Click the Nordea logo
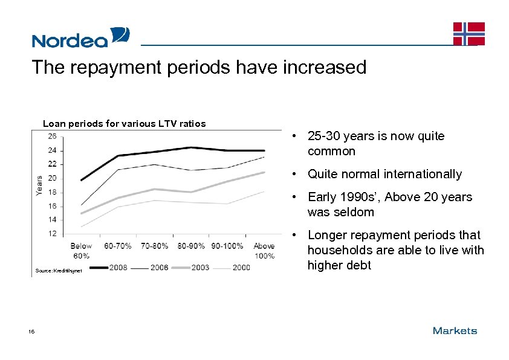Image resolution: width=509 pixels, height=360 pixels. (80, 37)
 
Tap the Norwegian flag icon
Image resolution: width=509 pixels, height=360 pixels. (469, 34)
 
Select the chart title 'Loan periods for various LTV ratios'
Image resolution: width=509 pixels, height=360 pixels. (124, 124)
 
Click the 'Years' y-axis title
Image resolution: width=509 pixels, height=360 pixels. (39, 185)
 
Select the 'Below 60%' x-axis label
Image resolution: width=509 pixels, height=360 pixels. (80, 250)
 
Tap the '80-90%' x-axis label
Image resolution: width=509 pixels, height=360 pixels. (191, 246)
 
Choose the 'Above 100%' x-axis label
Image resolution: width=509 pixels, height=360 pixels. (264, 250)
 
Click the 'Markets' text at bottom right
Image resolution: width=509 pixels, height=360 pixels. (455, 331)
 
